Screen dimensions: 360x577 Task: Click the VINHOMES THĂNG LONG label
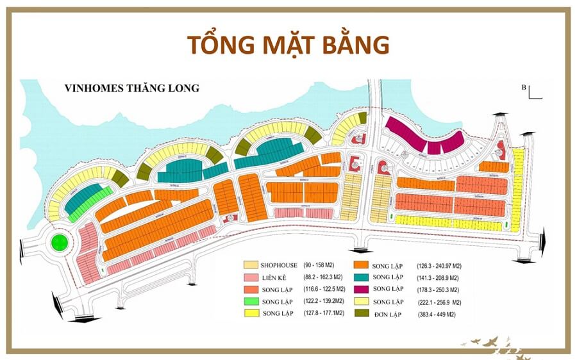(132, 88)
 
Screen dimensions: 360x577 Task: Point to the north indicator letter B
(524, 86)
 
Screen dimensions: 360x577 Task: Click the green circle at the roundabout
(60, 242)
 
